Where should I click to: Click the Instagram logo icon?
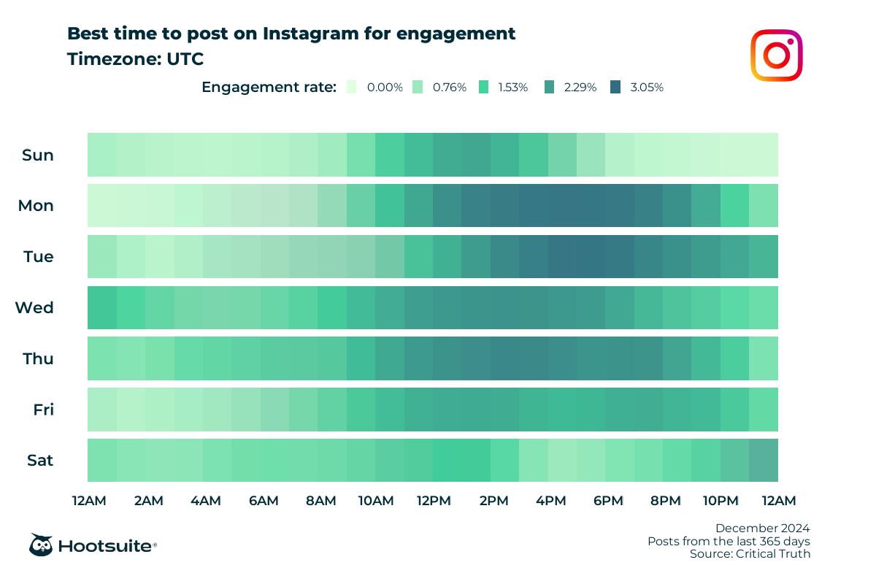click(777, 55)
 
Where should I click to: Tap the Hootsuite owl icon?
click(40, 545)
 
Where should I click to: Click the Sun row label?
click(38, 155)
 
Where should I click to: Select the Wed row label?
click(34, 308)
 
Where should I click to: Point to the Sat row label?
click(39, 461)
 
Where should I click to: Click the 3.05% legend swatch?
click(615, 87)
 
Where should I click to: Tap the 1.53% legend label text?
click(512, 88)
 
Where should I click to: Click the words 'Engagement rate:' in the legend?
click(269, 88)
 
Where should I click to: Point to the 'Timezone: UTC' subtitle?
click(135, 59)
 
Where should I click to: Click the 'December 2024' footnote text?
click(762, 528)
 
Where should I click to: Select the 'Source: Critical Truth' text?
click(750, 554)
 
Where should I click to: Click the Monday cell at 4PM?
click(562, 206)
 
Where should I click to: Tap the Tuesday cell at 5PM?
click(591, 257)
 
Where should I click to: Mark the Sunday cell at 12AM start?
click(101, 155)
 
